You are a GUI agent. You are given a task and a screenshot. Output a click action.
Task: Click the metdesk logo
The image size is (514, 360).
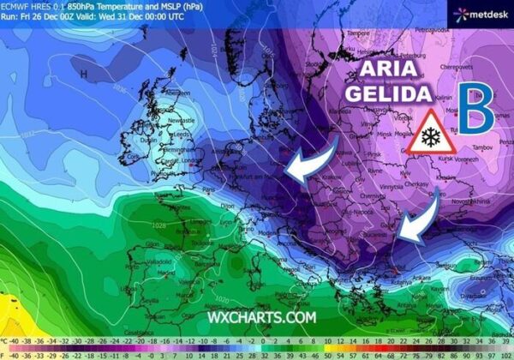click(x=480, y=13)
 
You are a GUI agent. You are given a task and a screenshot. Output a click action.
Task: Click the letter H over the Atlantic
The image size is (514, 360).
click(x=83, y=75)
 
